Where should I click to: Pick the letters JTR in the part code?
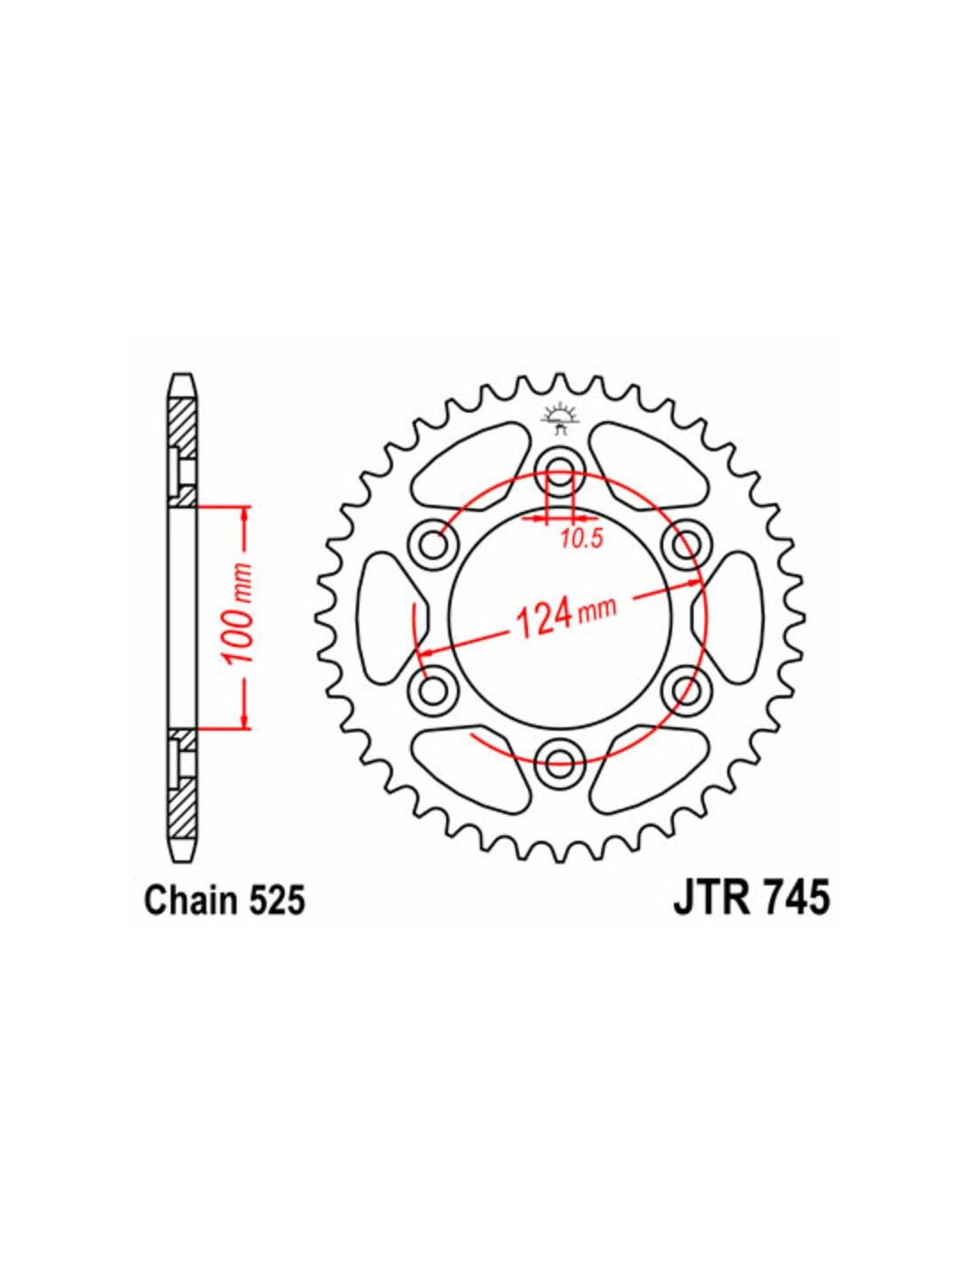706,916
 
